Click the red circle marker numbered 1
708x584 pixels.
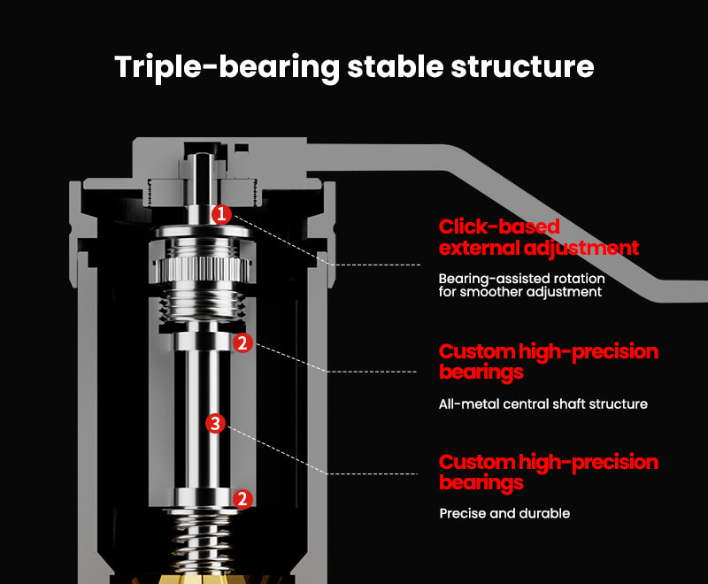[221, 214]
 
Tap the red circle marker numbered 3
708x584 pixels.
[214, 424]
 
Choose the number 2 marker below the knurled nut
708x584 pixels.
[242, 342]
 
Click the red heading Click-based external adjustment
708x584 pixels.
[538, 237]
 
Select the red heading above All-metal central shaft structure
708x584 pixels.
[548, 362]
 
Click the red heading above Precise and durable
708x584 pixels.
[548, 473]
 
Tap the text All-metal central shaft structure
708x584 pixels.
[543, 404]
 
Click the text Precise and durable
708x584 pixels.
[504, 513]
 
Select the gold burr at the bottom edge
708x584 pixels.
[205, 576]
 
